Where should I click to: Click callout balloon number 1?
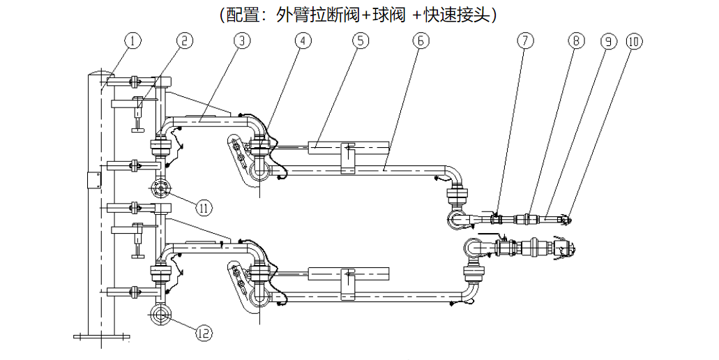(x=132, y=40)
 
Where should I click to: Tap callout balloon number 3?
(x=241, y=40)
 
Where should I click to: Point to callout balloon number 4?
(x=302, y=40)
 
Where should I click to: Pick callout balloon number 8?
(x=575, y=41)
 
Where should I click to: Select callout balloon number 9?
(x=607, y=41)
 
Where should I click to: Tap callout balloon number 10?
(x=633, y=41)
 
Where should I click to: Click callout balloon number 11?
(x=204, y=207)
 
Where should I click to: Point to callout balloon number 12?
(x=204, y=333)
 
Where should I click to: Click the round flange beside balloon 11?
(x=161, y=189)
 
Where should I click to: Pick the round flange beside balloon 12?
(x=161, y=315)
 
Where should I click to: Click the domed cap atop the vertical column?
(x=101, y=73)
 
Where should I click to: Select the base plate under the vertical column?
(x=102, y=337)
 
